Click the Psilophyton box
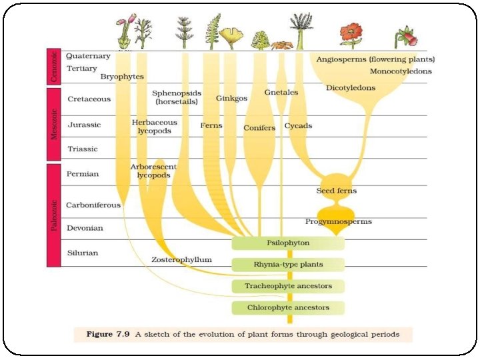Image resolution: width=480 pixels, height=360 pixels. click(x=288, y=243)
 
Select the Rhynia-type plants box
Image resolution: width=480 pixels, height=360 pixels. click(x=288, y=265)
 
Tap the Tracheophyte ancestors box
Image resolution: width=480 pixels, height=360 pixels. click(x=288, y=287)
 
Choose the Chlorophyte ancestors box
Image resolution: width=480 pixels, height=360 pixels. click(x=288, y=308)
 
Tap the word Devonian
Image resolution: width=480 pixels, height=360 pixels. click(x=85, y=228)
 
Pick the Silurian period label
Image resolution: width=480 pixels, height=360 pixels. click(x=83, y=253)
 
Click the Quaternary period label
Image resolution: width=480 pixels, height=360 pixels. click(x=89, y=56)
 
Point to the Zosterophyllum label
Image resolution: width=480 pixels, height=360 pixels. click(x=181, y=259)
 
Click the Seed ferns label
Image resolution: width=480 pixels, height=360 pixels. click(x=336, y=191)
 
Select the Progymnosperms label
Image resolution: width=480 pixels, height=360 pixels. click(x=339, y=221)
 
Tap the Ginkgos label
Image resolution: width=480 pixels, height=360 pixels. click(x=231, y=98)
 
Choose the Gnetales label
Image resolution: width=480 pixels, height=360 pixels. click(x=281, y=92)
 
